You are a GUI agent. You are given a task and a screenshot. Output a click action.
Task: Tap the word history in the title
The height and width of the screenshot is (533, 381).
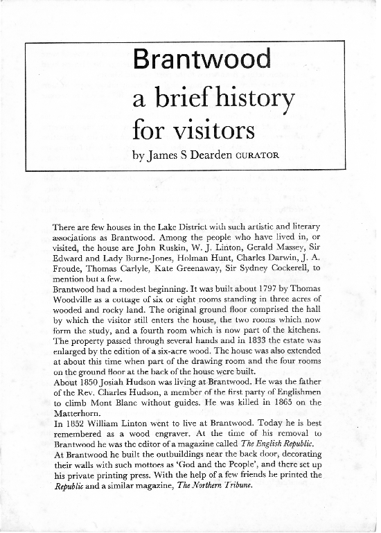pyautogui.click(x=247, y=101)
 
